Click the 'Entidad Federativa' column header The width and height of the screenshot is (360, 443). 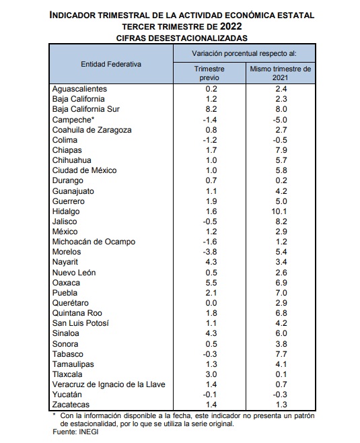[111, 64]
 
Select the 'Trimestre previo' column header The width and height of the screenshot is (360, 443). [209, 73]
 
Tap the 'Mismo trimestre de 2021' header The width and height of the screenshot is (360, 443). [281, 73]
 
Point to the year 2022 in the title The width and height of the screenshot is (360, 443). [231, 26]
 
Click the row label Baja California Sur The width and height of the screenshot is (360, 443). [86, 109]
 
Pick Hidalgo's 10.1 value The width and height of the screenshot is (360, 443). [279, 211]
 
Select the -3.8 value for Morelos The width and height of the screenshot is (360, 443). [210, 252]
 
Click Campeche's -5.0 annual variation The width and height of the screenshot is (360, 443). [280, 120]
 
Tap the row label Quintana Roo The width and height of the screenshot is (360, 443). [77, 313]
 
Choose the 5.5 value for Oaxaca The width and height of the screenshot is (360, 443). [211, 283]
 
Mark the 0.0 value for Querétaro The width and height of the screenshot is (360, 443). [211, 303]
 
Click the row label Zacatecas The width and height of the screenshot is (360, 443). [71, 405]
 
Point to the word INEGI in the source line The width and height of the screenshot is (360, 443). [88, 432]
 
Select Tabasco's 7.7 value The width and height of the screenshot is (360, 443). [281, 354]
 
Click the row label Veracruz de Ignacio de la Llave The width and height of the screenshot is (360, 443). [109, 384]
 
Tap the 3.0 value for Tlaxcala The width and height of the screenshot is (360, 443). [211, 374]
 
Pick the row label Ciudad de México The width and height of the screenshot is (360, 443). [84, 170]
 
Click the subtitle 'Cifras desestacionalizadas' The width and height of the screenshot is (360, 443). [182, 38]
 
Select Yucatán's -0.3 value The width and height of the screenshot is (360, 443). [280, 395]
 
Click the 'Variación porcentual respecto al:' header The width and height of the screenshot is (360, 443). [244, 53]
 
